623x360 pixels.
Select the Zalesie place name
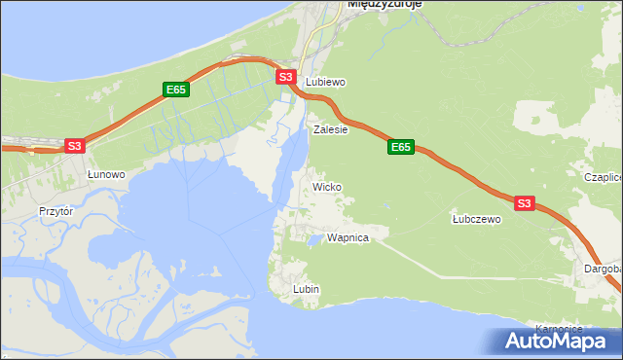[331, 128]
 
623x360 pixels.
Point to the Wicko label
[326, 186]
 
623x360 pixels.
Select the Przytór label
[56, 210]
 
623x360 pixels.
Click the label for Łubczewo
[476, 220]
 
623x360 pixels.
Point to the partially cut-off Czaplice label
[603, 178]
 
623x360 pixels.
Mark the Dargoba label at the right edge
[603, 268]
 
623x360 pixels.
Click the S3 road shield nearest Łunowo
[75, 146]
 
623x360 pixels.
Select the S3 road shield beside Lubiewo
[284, 77]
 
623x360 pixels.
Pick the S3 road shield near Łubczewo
[524, 203]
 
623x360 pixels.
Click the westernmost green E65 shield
[175, 90]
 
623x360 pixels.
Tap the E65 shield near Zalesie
[400, 147]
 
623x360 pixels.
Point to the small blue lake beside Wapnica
[315, 238]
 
